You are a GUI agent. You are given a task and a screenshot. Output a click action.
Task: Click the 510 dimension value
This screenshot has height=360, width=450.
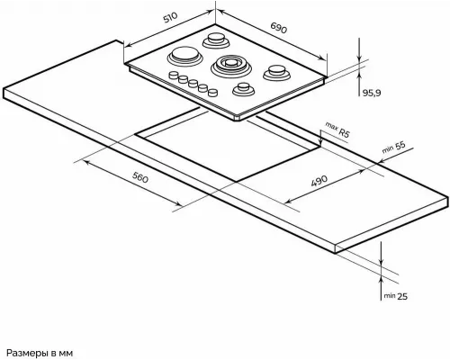pos(170,18)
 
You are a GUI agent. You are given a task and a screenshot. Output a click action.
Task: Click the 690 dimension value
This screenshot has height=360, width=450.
pos(279,28)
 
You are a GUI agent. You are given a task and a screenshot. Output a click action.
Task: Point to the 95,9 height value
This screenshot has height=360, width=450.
pos(372,93)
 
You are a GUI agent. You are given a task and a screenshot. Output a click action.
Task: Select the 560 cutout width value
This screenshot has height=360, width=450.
pos(140,178)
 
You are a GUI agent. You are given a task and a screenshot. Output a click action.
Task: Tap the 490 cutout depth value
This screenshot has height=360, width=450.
pos(319,181)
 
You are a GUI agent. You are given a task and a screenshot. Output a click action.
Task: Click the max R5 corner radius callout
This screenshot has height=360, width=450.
pos(337,130)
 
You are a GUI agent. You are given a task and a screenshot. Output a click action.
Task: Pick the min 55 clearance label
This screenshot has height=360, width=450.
pos(394,147)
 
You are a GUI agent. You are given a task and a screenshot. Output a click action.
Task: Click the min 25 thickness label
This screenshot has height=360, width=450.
pos(396,296)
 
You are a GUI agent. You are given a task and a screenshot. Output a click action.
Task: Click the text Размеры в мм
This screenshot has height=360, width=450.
pos(40,353)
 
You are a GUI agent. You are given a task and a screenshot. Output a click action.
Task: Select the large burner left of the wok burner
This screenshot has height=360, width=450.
pos(184,56)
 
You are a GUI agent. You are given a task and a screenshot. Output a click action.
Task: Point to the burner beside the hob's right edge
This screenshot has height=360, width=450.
pos(276,73)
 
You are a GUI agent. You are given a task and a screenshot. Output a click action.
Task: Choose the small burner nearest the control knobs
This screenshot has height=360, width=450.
pos(244,89)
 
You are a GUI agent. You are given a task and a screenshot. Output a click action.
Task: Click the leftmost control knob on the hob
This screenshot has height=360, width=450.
pos(174,75)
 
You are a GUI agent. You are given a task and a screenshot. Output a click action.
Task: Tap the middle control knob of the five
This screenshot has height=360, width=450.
pos(193,84)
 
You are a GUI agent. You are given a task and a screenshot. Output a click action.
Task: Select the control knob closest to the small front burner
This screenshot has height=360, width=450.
pos(212,93)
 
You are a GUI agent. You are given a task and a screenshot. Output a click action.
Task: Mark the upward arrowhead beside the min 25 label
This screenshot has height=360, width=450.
pos(381,281)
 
